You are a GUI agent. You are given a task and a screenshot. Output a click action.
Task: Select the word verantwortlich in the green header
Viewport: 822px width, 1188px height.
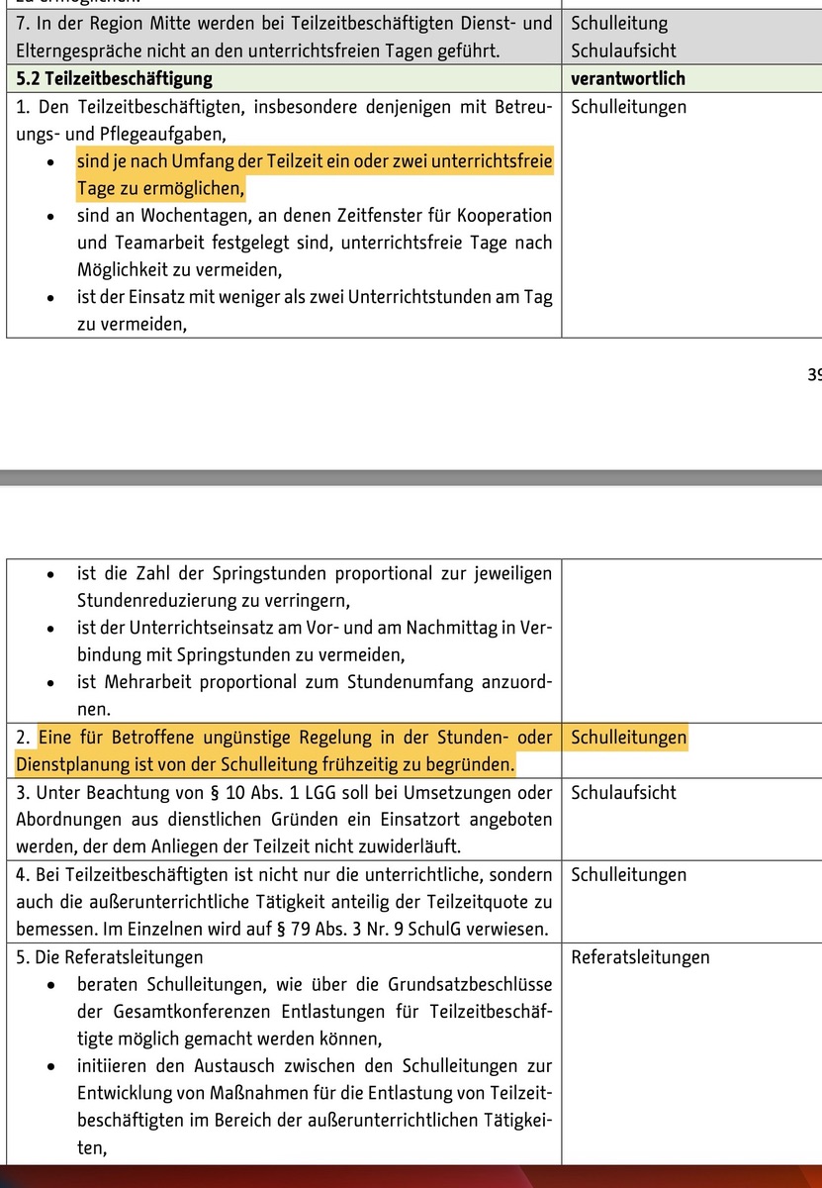[x=628, y=78]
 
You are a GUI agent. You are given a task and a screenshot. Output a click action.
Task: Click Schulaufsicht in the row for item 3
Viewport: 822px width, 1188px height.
[x=624, y=792]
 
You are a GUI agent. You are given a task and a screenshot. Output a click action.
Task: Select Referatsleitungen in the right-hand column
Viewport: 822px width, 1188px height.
[x=640, y=956]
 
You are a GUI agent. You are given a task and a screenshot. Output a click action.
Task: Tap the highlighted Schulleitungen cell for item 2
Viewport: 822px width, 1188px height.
[x=628, y=738]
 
